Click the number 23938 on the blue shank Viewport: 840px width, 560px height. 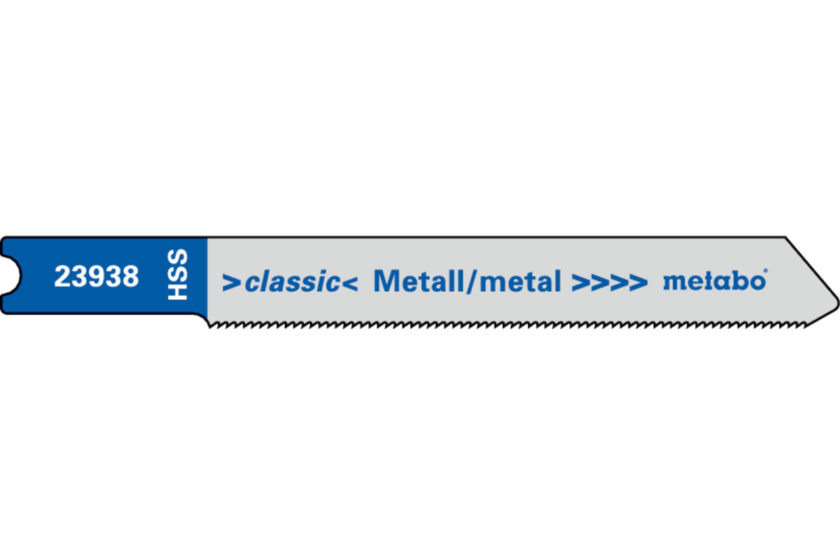pos(97,276)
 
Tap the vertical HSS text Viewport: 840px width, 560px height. pos(177,274)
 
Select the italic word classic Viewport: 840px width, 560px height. pos(293,281)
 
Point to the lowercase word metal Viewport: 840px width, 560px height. pos(521,281)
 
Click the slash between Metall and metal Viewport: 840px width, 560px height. pos(473,281)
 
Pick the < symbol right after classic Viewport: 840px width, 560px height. pos(350,283)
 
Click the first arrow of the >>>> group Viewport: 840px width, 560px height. pos(581,283)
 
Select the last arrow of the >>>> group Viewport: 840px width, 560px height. pos(638,283)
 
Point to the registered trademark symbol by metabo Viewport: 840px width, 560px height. pos(765,270)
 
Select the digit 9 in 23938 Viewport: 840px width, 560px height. pos(97,276)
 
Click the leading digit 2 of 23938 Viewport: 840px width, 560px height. pos(62,276)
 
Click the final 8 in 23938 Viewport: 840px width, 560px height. pos(131,276)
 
